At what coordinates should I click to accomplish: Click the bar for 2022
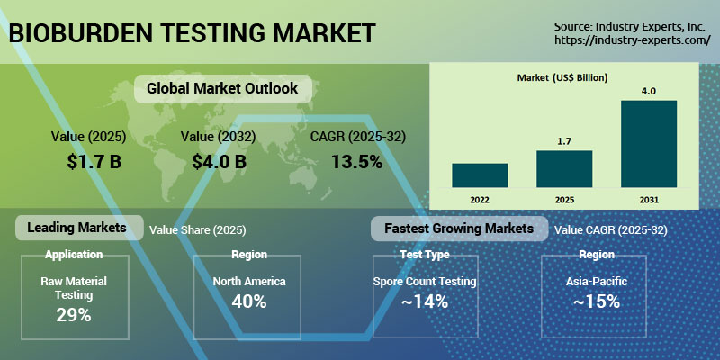[480, 175]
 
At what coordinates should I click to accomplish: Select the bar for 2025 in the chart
[564, 168]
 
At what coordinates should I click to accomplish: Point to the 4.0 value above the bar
[648, 90]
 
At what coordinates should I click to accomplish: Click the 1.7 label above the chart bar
[564, 140]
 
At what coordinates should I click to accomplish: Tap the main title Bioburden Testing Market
[191, 33]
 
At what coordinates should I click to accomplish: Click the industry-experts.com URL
[632, 40]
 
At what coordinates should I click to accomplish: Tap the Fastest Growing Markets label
[459, 229]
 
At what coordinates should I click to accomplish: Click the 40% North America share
[249, 301]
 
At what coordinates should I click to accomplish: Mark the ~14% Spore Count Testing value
[424, 301]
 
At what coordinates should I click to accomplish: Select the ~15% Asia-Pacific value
[597, 301]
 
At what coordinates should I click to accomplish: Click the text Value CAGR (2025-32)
[611, 230]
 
